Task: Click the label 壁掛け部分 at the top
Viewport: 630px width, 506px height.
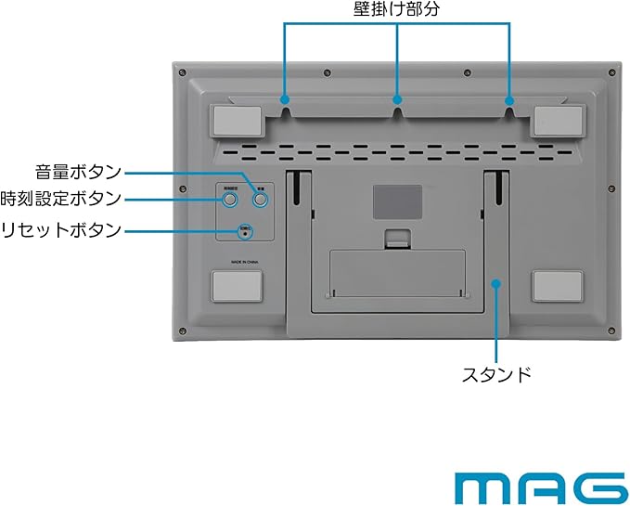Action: tap(397, 9)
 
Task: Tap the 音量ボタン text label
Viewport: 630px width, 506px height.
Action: tap(79, 171)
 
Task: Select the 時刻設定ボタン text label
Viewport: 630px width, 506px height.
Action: tap(61, 199)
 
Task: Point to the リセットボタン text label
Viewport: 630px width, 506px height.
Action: tap(61, 228)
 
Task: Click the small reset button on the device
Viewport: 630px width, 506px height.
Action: tap(245, 233)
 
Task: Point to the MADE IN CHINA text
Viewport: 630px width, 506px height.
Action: tap(237, 263)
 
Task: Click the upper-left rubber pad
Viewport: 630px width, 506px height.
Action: tap(237, 120)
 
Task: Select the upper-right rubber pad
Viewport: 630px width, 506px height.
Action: tap(558, 120)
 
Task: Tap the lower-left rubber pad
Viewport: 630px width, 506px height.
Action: tap(237, 286)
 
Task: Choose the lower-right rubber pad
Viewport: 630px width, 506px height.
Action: tap(558, 286)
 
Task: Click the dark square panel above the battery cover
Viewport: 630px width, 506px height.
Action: tap(397, 201)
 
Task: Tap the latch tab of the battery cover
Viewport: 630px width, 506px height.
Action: tap(397, 240)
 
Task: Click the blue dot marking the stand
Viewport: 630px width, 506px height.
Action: tap(496, 282)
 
